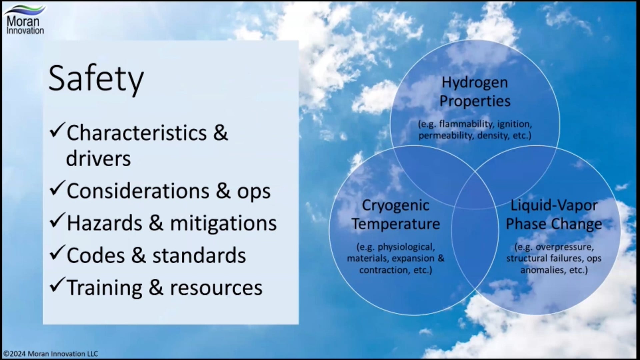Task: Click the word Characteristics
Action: point(137,133)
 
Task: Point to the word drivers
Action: point(98,158)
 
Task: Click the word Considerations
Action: point(138,191)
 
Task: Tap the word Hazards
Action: point(104,223)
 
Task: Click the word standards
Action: point(199,255)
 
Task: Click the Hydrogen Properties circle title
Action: point(475,92)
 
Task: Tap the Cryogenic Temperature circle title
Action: point(396,215)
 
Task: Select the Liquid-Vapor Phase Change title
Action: point(554,215)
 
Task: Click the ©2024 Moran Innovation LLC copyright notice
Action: point(51,354)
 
